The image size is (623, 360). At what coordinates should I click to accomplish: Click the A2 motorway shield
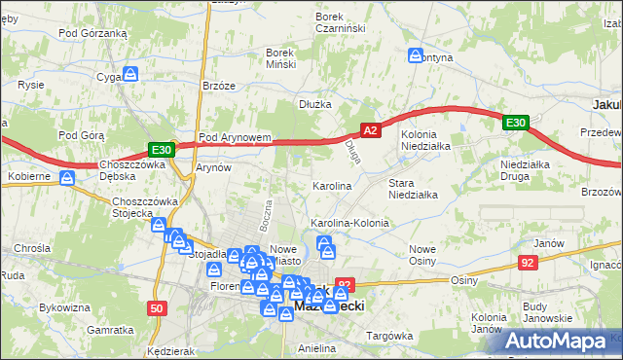click(x=370, y=129)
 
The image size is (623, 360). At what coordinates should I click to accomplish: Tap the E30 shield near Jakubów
click(x=516, y=123)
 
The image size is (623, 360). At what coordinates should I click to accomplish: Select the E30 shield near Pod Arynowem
click(x=162, y=150)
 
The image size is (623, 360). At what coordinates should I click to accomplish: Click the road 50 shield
click(x=157, y=307)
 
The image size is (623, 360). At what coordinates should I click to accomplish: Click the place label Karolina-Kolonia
click(x=349, y=223)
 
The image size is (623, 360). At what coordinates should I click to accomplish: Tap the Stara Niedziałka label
click(x=413, y=188)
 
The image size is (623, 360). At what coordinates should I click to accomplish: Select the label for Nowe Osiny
click(x=421, y=254)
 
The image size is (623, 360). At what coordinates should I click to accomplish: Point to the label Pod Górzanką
click(x=93, y=32)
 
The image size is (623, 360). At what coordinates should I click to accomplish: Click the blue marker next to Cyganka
click(x=129, y=73)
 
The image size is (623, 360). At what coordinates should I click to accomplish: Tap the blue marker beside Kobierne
click(x=67, y=178)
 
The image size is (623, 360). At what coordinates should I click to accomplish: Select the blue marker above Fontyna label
click(x=417, y=55)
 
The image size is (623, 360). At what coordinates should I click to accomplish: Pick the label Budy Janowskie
click(x=547, y=312)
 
